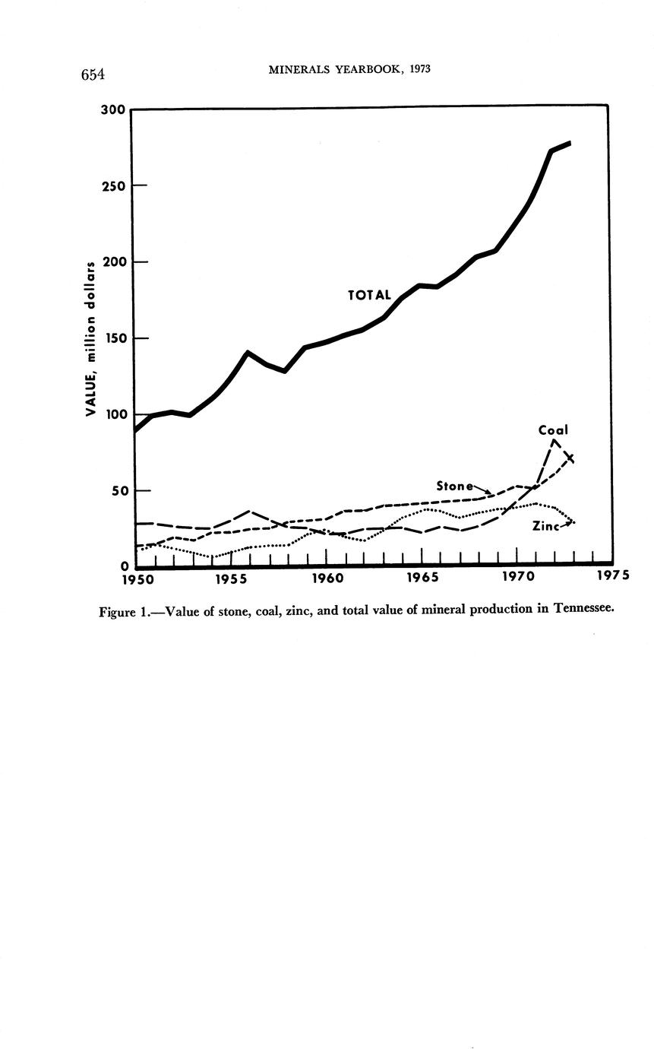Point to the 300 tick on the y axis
point(113,109)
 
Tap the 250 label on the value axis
point(113,185)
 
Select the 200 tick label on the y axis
point(113,261)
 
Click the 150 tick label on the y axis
point(113,338)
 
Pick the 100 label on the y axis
point(113,414)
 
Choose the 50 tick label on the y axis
point(116,491)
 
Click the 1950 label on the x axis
point(137,579)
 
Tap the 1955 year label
point(232,579)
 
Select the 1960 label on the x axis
point(327,579)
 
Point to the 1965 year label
point(422,579)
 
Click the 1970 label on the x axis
point(517,578)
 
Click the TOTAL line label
point(369,295)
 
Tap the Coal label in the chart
point(553,430)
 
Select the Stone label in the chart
point(455,485)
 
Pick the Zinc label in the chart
point(546,525)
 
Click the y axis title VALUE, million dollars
point(91,338)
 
